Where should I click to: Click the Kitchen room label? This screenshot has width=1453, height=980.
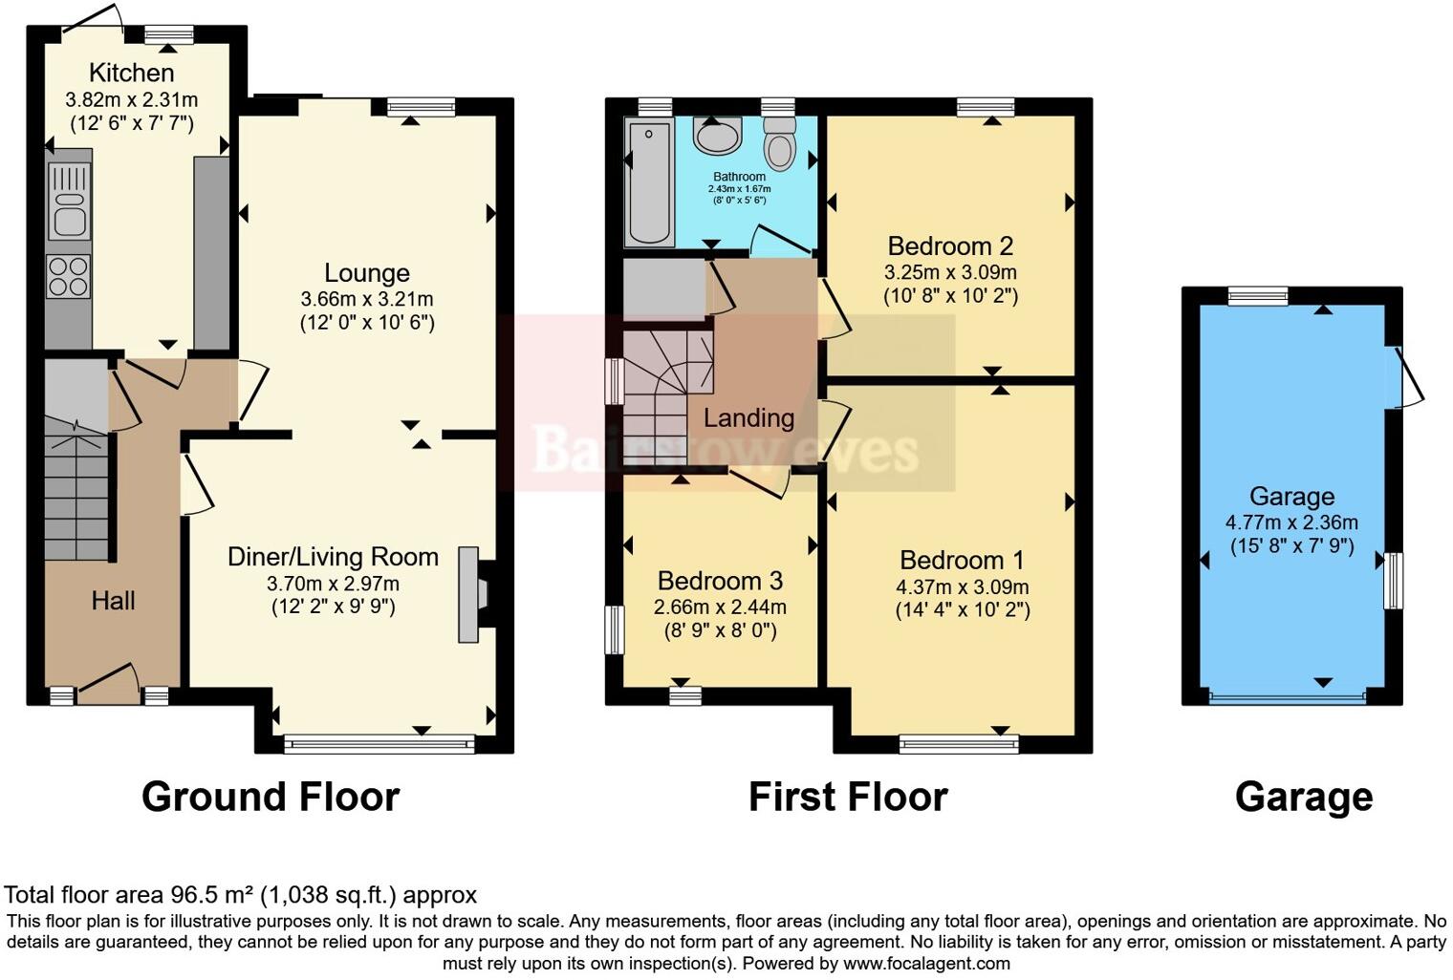(131, 73)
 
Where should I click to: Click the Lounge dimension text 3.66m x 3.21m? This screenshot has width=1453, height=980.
(366, 299)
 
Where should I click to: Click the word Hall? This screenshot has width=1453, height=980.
(113, 601)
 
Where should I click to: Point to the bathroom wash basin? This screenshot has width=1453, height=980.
(717, 136)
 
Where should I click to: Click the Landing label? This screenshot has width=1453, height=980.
(748, 418)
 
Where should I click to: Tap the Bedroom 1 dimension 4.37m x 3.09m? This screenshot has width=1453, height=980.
(962, 586)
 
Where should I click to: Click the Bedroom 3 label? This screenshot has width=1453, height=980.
(720, 581)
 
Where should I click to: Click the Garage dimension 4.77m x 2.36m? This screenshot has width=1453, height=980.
(1291, 522)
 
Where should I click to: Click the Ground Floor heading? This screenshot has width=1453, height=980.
(271, 797)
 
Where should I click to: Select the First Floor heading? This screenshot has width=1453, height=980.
(848, 797)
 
